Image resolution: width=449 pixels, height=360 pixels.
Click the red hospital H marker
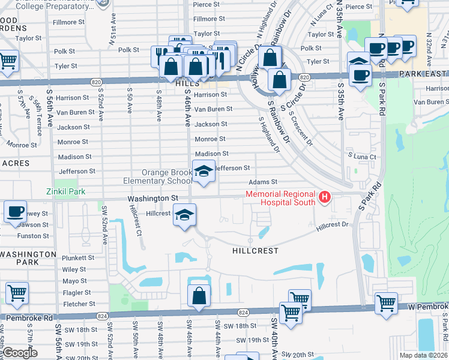325,196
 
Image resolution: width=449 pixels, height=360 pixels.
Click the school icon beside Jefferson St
203,172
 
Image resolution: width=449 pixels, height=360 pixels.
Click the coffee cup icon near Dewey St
15,212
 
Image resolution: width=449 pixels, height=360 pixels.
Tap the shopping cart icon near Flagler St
17,293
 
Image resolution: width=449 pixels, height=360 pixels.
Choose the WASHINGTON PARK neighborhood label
28,258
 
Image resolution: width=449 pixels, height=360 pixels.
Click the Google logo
20,353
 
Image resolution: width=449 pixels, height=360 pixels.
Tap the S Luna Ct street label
364,157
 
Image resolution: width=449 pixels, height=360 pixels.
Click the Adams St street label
266,182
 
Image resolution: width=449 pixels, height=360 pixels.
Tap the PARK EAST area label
424,76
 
